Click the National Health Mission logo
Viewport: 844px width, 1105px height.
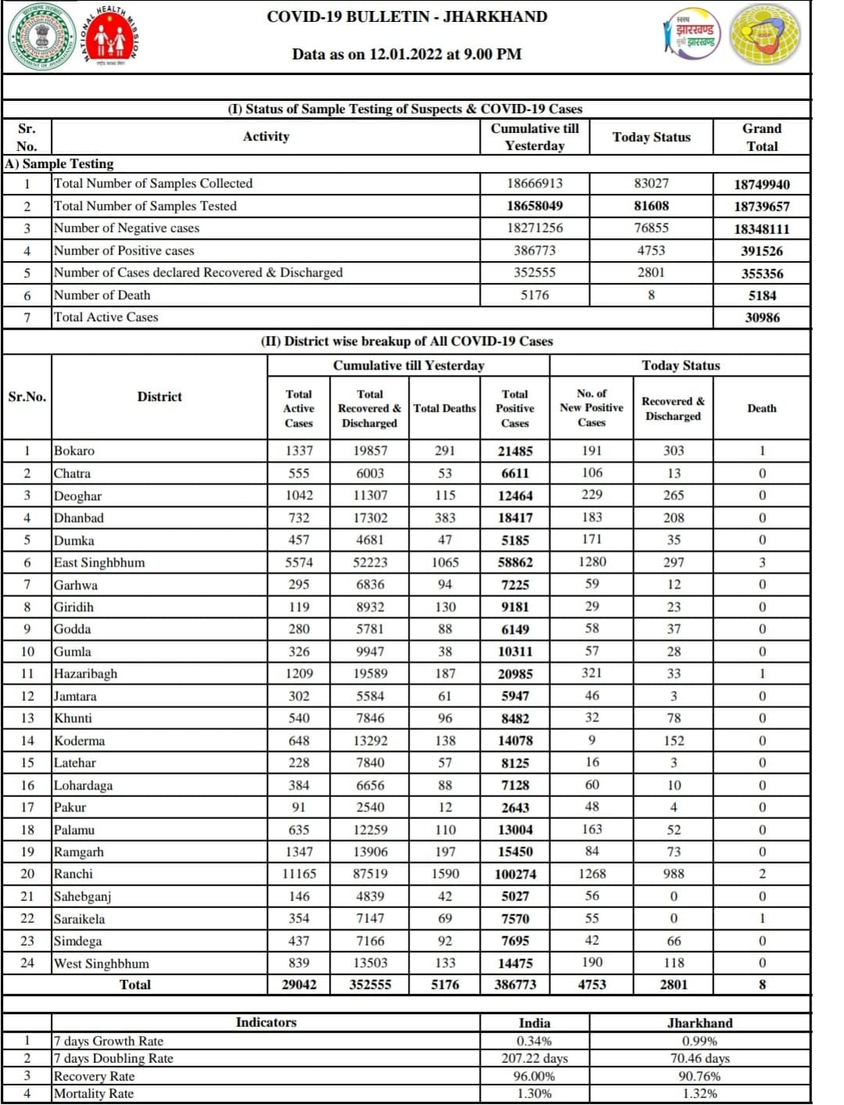(110, 38)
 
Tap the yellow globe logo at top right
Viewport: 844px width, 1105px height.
(765, 35)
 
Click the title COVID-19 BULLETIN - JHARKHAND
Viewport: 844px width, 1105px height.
(406, 16)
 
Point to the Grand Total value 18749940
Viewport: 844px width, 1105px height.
(761, 184)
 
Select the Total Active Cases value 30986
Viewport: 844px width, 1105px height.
(761, 317)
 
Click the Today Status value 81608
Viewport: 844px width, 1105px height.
(650, 206)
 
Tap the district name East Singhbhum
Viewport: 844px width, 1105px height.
(99, 563)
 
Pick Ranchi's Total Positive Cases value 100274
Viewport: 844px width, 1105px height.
(515, 874)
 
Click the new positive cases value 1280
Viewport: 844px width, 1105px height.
(592, 562)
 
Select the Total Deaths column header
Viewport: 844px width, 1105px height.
(444, 408)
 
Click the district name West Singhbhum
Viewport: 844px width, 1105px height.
(102, 964)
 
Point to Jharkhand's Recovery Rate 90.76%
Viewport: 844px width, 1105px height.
(699, 1076)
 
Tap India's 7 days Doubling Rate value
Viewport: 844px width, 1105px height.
(534, 1058)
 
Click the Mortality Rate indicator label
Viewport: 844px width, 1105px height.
(94, 1093)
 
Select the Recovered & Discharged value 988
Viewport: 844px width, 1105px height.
(673, 874)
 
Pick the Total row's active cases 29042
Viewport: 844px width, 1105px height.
(299, 985)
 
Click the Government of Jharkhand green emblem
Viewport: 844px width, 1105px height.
(42, 38)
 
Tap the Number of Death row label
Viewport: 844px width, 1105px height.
(102, 295)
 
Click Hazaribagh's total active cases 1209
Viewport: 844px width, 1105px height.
(299, 674)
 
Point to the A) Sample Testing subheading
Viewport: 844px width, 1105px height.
(59, 163)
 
